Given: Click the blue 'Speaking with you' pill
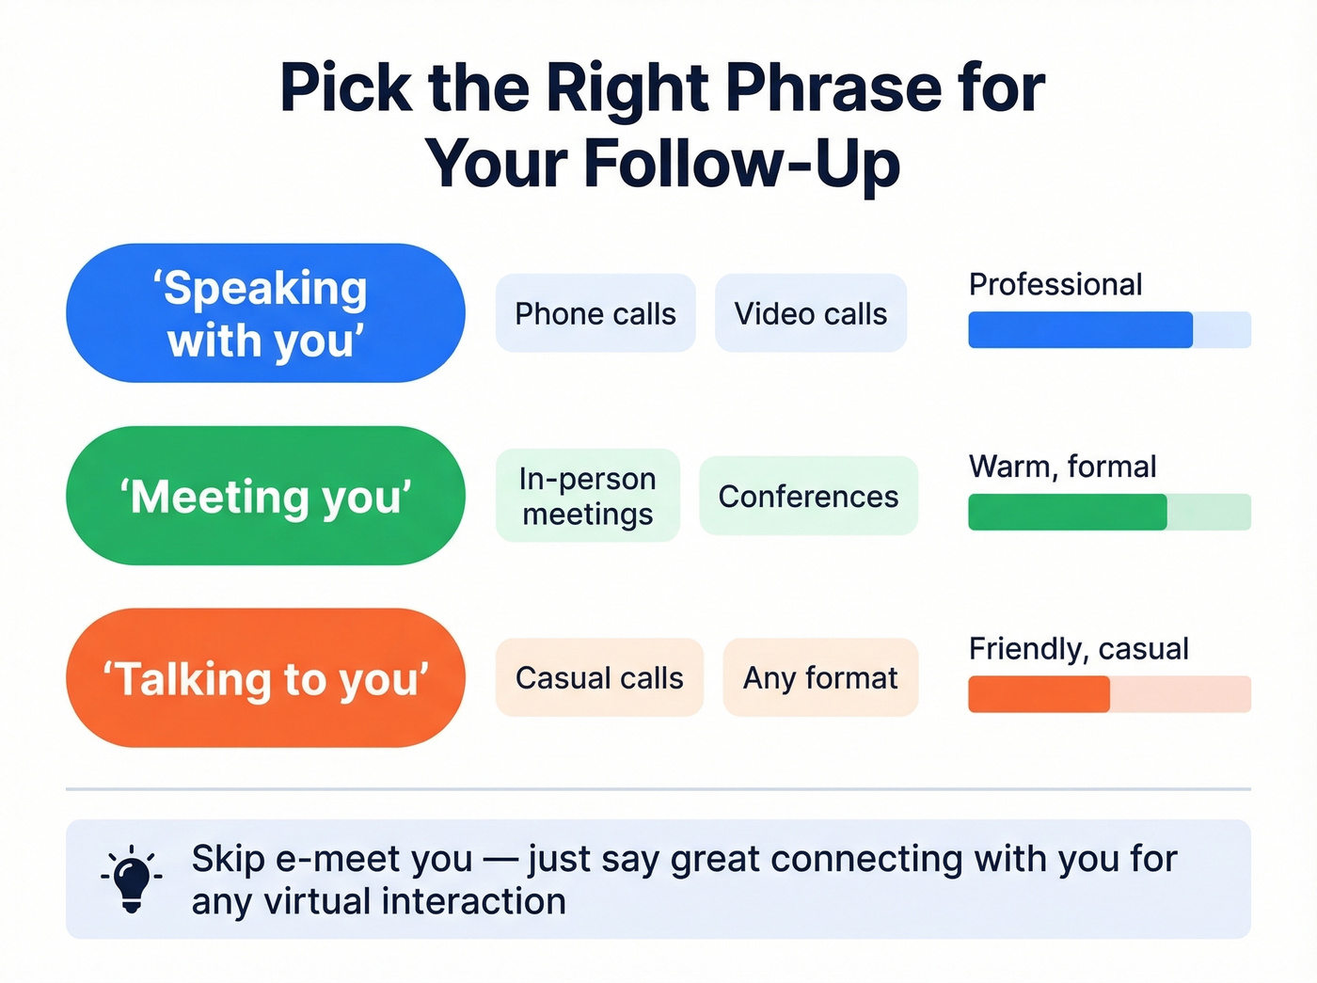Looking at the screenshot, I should click(x=265, y=313).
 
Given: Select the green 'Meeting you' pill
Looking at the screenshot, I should click(x=265, y=496).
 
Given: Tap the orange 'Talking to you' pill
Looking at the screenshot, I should click(x=265, y=678).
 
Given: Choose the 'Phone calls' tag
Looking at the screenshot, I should click(x=595, y=313).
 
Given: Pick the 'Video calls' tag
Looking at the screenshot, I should click(x=811, y=313).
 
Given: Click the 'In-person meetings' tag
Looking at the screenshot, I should click(x=588, y=496).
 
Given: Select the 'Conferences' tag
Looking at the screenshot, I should click(x=808, y=496).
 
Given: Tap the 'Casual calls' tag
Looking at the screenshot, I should click(x=599, y=677).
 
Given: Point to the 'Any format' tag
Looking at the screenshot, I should click(x=820, y=677).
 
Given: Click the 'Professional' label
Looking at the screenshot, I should click(x=1055, y=284).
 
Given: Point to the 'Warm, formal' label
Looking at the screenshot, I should click(x=1062, y=467).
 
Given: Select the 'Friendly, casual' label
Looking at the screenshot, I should click(x=1078, y=648).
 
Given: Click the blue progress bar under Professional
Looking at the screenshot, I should click(x=1109, y=330).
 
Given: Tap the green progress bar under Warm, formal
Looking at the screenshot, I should click(x=1109, y=513).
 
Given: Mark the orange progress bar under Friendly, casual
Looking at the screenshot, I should click(x=1109, y=694).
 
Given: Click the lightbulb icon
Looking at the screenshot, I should click(x=132, y=879).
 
